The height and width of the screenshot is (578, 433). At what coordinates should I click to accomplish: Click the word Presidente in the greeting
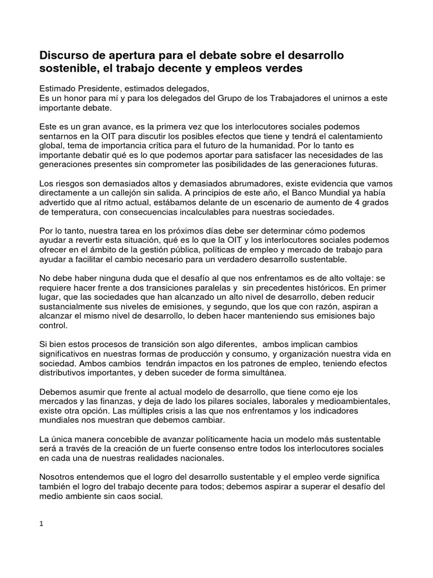100,89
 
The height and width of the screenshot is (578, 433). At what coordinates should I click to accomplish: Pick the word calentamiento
355,137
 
